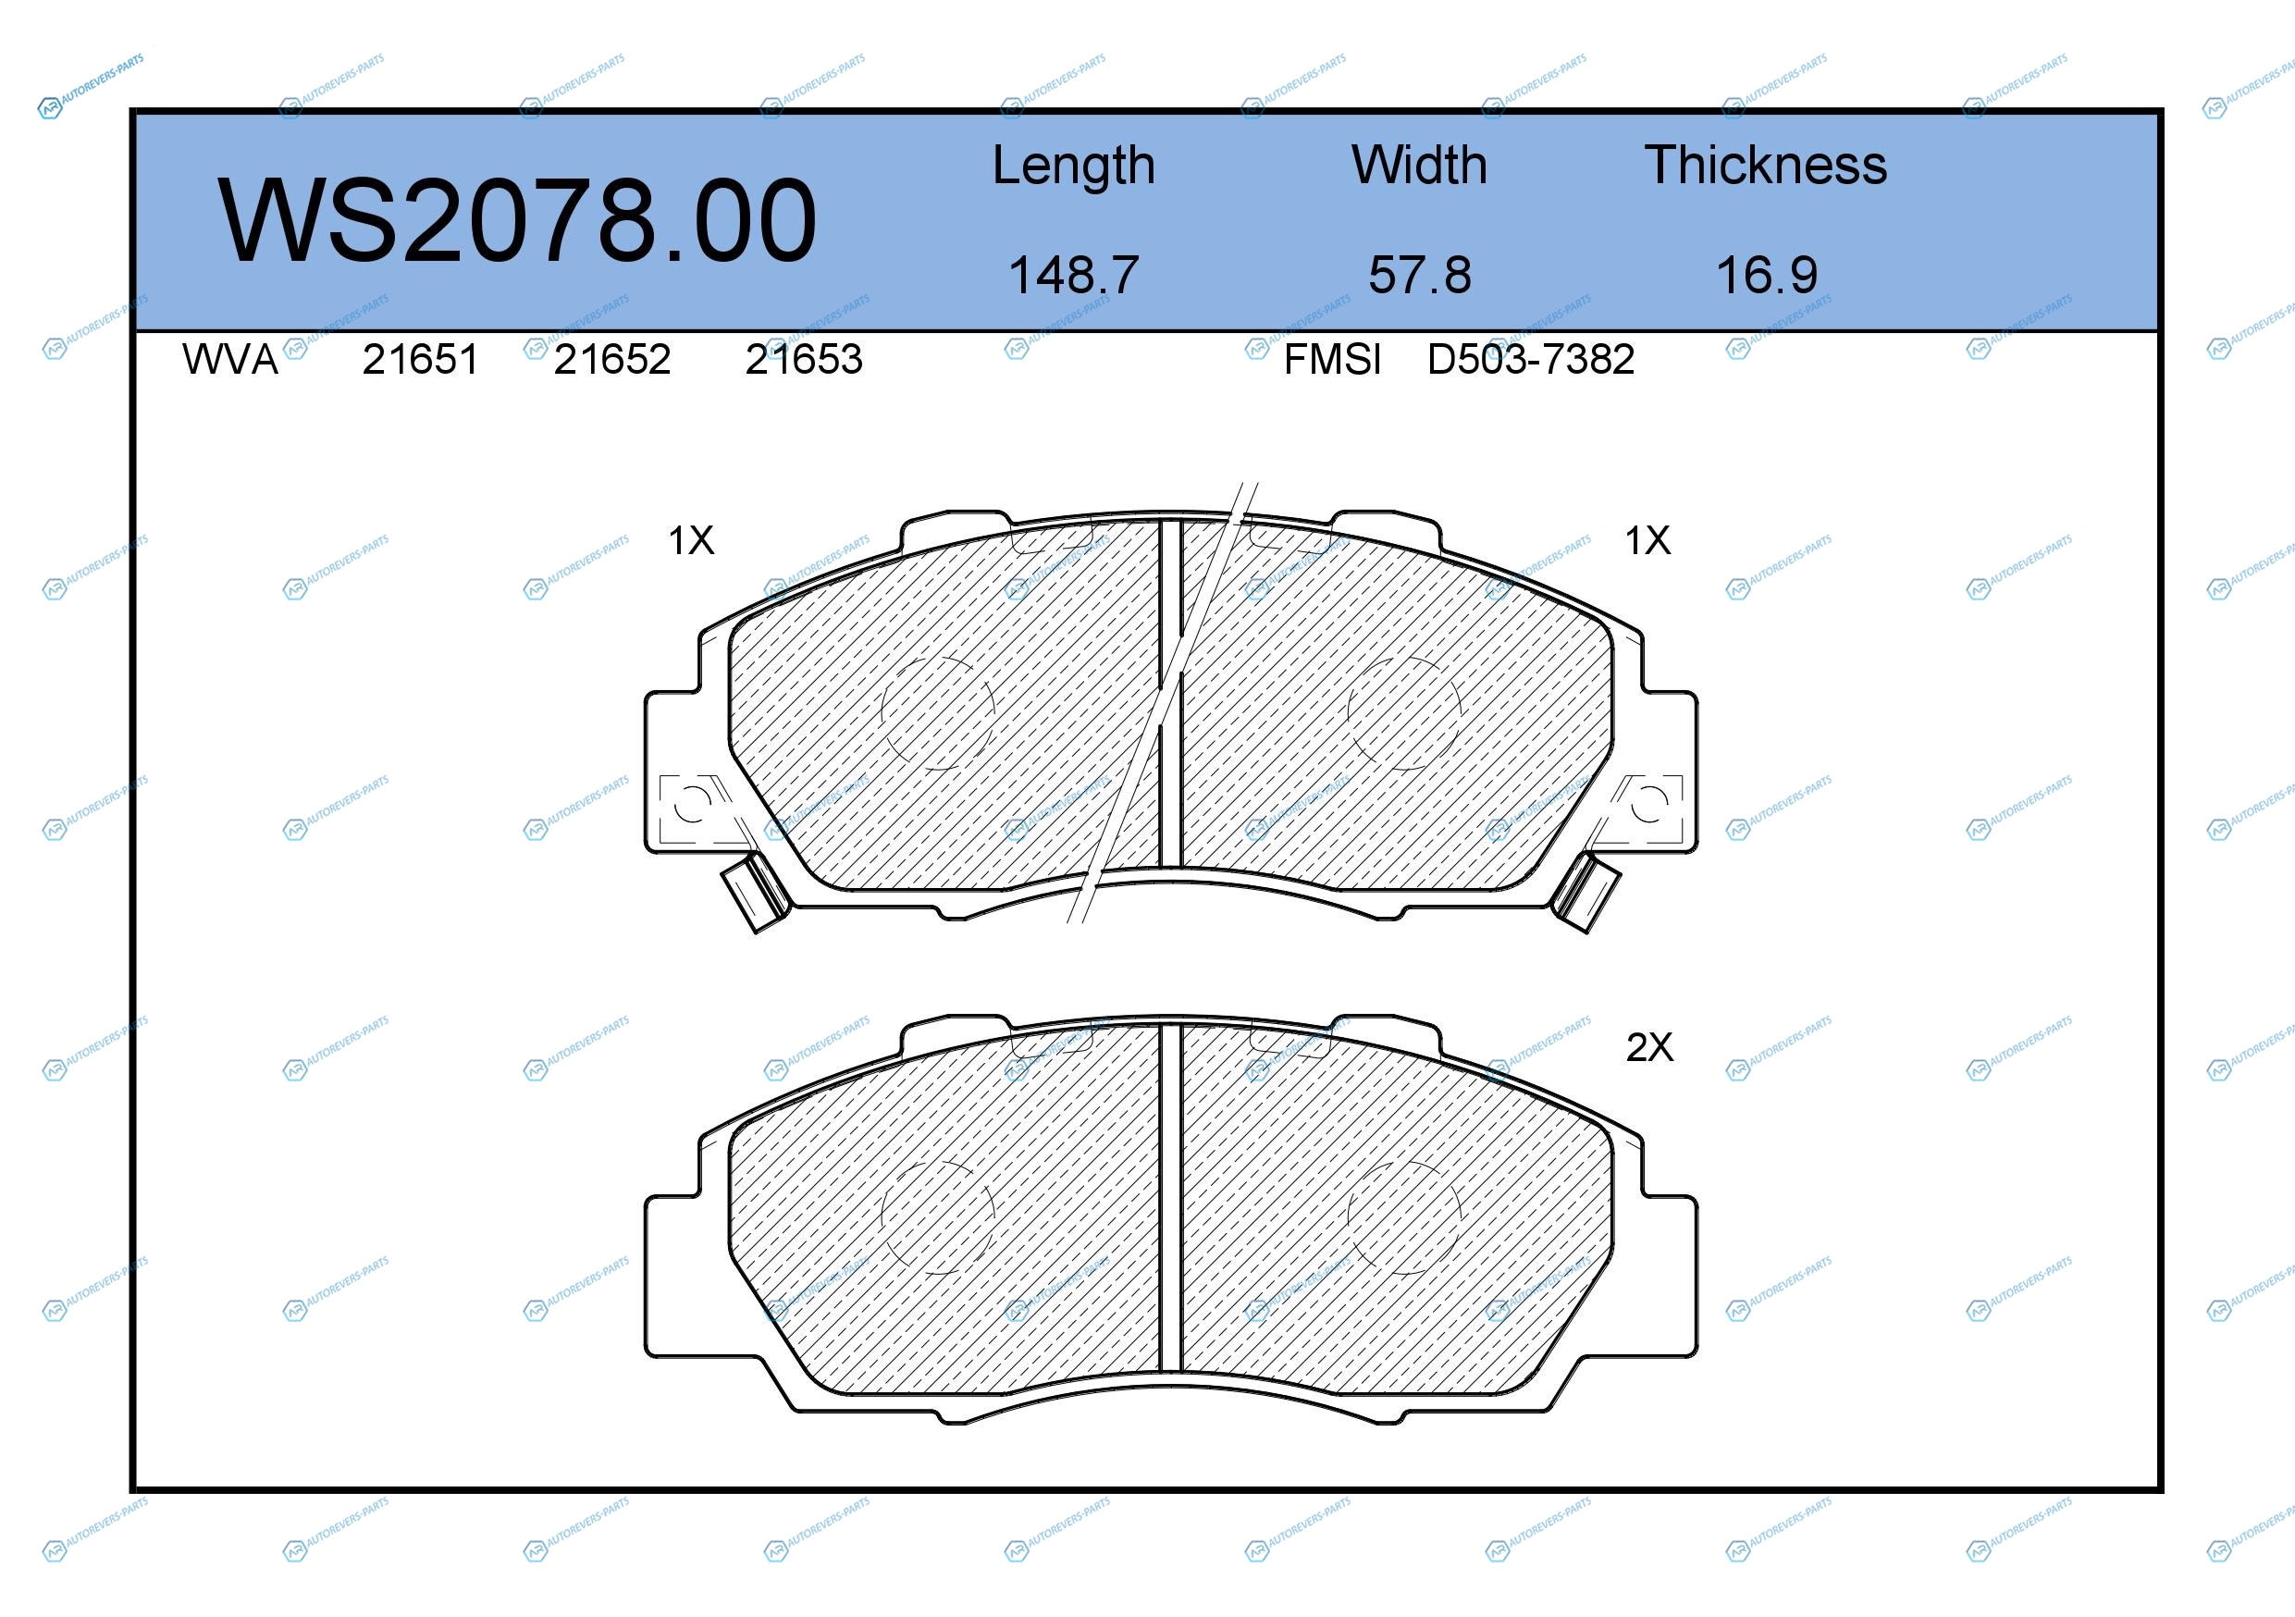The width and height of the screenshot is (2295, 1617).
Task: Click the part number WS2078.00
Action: pyautogui.click(x=517, y=220)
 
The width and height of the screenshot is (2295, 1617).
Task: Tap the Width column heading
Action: pyautogui.click(x=1419, y=165)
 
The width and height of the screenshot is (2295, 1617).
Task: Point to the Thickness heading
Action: pyautogui.click(x=1765, y=165)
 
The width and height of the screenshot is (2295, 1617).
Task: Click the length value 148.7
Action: pyautogui.click(x=1074, y=275)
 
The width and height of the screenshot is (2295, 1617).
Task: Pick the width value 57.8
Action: pyautogui.click(x=1419, y=275)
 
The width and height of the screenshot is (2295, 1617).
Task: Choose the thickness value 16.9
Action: pyautogui.click(x=1766, y=275)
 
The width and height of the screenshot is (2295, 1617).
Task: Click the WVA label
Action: pyautogui.click(x=230, y=360)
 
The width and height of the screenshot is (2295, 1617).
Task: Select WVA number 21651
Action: pyautogui.click(x=420, y=360)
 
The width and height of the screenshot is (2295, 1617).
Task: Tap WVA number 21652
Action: pyautogui.click(x=611, y=360)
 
